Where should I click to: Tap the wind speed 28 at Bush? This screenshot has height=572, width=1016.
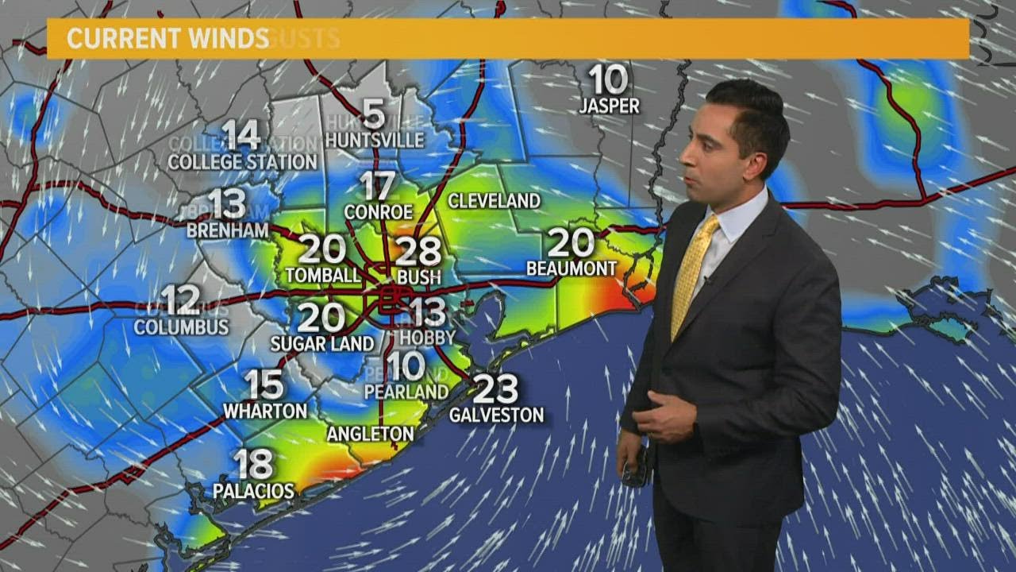(x=418, y=251)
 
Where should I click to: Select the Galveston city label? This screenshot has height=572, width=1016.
(x=497, y=415)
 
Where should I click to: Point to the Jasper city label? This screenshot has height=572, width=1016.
(x=609, y=106)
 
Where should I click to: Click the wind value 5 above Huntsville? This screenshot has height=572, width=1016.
(x=373, y=114)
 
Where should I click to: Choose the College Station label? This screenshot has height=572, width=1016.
(x=242, y=162)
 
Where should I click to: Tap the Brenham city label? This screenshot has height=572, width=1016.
(x=228, y=230)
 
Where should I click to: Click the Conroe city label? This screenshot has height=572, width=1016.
(x=379, y=212)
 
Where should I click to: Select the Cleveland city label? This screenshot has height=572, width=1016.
(x=494, y=201)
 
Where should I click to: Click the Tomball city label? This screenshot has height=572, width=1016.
(x=321, y=276)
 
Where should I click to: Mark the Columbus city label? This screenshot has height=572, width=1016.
(x=181, y=327)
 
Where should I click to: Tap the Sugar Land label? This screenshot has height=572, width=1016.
(x=322, y=344)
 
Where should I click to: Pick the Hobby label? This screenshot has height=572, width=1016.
(x=427, y=338)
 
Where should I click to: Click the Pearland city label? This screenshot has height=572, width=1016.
(x=406, y=392)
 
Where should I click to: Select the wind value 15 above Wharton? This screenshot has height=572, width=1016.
(x=264, y=385)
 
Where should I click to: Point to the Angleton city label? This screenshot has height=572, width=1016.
(x=371, y=434)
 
